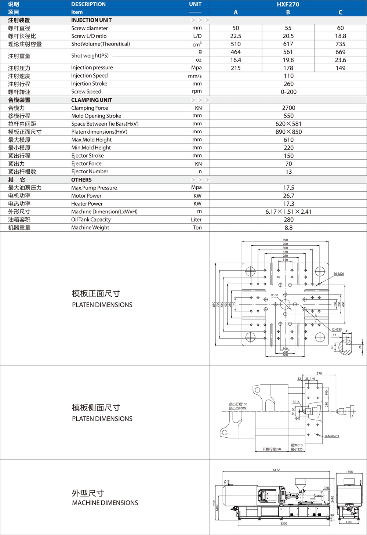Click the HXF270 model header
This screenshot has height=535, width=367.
pos(288,4)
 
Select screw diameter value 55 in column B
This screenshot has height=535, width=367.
pos(288,28)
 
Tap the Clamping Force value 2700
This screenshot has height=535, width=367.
pos(288,108)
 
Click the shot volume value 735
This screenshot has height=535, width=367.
pos(340,44)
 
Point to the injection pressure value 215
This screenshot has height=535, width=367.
pos(236,68)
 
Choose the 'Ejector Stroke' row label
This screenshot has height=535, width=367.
pos(87,156)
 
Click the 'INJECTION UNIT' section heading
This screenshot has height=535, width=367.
pos(91,20)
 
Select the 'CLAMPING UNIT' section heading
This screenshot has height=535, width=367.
pos(92,100)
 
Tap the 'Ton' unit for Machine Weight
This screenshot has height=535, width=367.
pos(197,228)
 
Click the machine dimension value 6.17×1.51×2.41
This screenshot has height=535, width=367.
pos(288,212)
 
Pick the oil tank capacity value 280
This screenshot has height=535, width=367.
pos(288,220)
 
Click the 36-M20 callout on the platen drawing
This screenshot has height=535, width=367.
pos(339,274)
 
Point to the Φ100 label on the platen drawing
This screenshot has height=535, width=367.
pos(275,295)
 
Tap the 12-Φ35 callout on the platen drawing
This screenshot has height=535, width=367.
pos(337,329)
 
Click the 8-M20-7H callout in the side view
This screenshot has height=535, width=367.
pos(332,436)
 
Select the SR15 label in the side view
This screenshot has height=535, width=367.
pos(296,402)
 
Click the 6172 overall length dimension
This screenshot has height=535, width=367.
pos(276,470)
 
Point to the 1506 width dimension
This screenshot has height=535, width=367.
pos(349,472)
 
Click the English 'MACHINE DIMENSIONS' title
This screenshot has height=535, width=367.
pos(105,503)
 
